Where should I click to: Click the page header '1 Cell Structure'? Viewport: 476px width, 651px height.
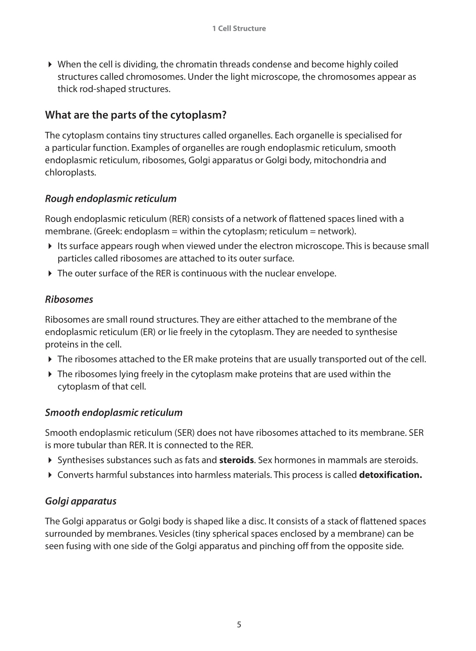(239, 29)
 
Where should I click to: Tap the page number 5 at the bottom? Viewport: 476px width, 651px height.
(239, 625)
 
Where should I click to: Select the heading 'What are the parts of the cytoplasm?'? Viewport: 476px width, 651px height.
(135, 115)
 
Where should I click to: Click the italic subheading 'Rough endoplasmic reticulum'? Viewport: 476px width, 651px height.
(111, 199)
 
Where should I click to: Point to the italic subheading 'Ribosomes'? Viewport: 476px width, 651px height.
(69, 299)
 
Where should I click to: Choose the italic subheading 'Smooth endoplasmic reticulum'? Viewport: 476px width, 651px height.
(114, 413)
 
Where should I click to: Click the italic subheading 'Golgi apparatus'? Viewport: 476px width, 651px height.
(81, 501)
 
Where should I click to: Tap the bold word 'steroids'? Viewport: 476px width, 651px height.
(236, 460)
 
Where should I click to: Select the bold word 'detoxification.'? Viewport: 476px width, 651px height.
(390, 475)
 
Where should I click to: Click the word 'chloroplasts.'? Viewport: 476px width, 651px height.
(70, 173)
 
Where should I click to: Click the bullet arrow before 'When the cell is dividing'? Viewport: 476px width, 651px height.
(50, 65)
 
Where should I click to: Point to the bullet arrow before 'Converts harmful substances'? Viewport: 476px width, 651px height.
(50, 475)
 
